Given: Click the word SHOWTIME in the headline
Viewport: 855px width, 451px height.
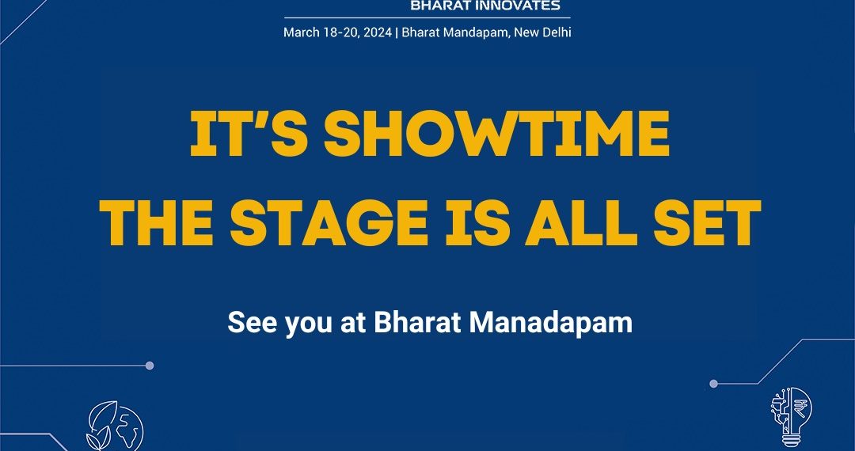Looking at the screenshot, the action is coord(496,134).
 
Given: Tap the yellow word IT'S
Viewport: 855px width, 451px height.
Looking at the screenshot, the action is coord(248,134).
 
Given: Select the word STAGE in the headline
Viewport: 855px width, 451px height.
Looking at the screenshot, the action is coord(329,222).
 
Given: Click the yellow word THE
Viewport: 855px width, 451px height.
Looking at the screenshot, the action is coord(156,222).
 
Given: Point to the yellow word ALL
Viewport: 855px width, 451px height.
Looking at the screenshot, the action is coord(581,222).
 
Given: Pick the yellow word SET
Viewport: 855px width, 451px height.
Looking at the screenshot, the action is coord(707,222).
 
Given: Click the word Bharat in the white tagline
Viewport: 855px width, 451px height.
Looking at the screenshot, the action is coord(418,323).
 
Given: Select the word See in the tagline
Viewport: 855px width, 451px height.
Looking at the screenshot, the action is coord(253,323).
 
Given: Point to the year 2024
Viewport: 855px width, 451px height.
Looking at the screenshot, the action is coord(378,32).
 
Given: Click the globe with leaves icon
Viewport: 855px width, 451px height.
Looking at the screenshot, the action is coord(115,426).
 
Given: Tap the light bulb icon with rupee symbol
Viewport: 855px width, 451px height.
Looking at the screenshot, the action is coord(791,417).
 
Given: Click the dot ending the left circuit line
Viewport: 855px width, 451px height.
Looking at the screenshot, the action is coord(150,366).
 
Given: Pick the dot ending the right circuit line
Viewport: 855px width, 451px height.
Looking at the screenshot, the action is coord(713,384).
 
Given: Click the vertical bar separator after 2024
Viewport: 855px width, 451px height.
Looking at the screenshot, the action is coord(397,32).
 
